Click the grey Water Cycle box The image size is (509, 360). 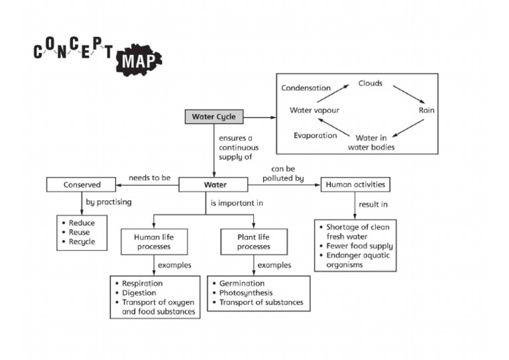coord(213,117)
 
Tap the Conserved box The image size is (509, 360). coord(82,184)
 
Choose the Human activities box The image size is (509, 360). coord(355,184)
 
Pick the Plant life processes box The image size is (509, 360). coord(254,241)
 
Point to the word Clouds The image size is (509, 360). coord(370,84)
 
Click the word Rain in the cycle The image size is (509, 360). coord(426,110)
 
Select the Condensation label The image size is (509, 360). coord(306,88)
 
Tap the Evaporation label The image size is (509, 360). coord(315,135)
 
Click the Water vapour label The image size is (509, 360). coord(314,110)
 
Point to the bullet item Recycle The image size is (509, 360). coord(82,242)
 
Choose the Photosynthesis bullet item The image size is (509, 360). coord(245,292)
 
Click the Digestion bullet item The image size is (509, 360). coord(139,292)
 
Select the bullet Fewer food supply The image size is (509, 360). coord(359,246)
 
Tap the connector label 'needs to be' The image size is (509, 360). coord(149,178)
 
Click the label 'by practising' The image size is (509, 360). coord(109,202)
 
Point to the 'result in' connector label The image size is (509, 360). coord(373,205)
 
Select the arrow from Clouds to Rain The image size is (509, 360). coord(406,93)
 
